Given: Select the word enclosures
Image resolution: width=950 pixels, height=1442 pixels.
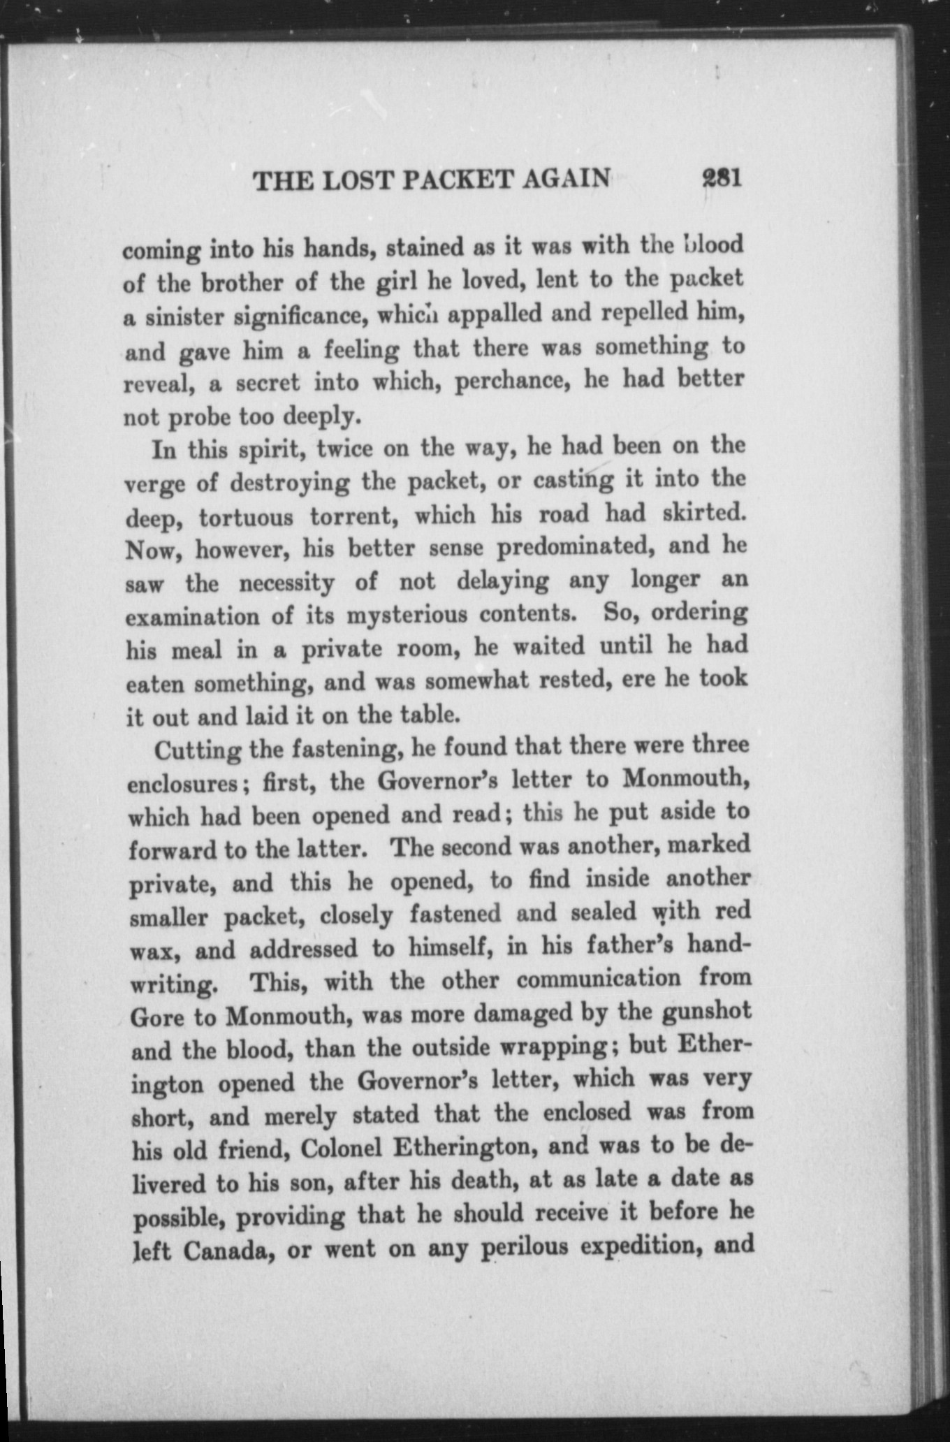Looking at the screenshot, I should [x=184, y=784].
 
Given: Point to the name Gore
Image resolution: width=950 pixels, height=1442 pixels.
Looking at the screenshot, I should [x=157, y=1017].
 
